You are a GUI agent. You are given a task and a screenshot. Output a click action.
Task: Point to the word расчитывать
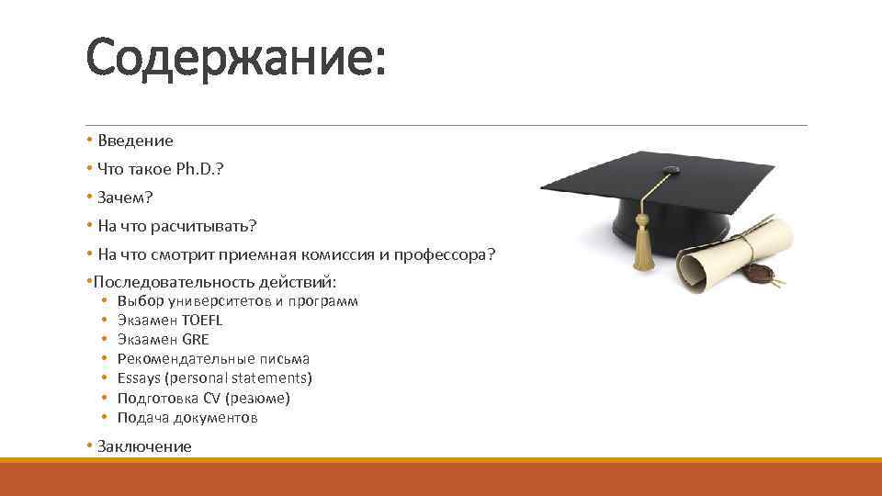click(209, 226)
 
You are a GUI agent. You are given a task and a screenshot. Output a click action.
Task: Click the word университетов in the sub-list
click(218, 301)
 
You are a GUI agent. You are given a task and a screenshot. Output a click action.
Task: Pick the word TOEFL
click(203, 321)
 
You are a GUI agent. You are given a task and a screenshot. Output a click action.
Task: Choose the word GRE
click(196, 340)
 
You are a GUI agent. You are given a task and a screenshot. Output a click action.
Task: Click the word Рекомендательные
click(173, 359)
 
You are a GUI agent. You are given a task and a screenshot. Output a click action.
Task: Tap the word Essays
click(138, 378)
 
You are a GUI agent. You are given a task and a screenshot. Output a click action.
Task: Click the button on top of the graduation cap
click(671, 170)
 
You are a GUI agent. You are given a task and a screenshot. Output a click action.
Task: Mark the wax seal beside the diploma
click(760, 273)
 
